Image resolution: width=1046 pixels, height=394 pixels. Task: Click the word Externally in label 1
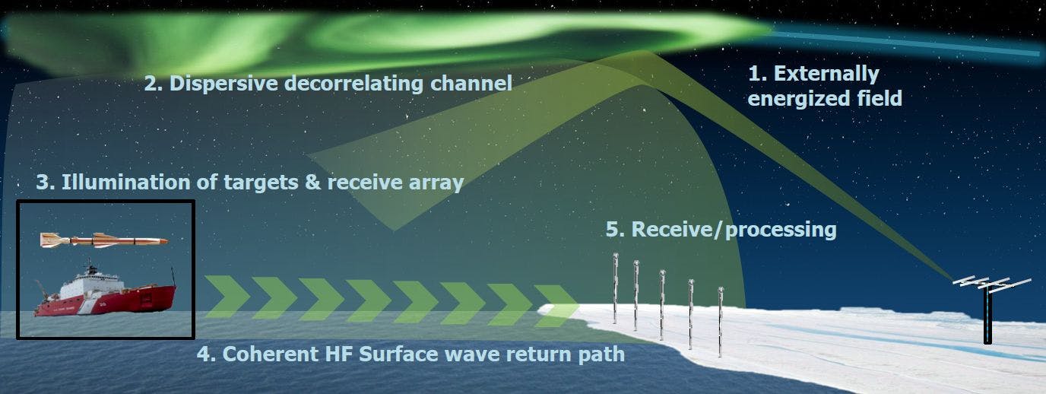point(813,75)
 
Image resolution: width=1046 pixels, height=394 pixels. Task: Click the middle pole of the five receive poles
point(662,304)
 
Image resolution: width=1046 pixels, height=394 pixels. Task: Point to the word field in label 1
point(880,98)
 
